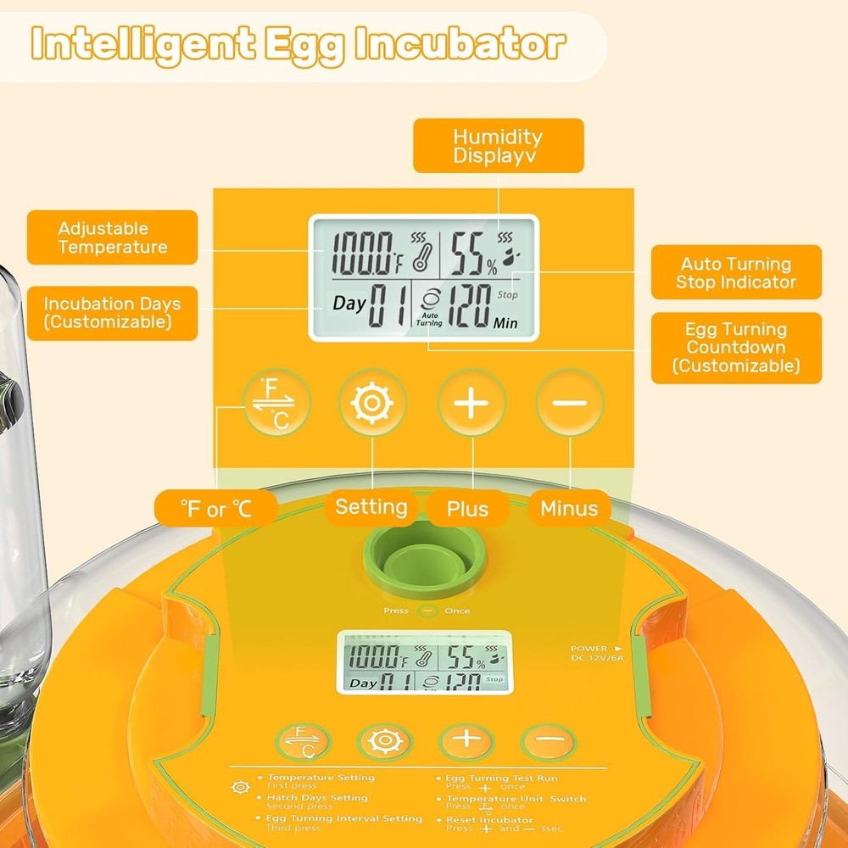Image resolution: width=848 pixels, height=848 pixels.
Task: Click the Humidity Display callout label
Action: tap(498, 146)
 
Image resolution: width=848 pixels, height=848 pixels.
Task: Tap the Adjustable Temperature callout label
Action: tap(113, 238)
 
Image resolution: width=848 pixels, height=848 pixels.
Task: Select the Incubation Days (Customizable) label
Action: tap(112, 313)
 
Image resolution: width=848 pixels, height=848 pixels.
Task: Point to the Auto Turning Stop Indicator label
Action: tap(736, 273)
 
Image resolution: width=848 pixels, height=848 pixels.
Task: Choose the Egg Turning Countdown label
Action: tap(736, 348)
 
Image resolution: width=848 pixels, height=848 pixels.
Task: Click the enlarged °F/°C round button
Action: tap(276, 402)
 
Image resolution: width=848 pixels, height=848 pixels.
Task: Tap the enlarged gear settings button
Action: tap(372, 402)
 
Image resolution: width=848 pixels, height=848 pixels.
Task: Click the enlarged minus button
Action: tap(570, 402)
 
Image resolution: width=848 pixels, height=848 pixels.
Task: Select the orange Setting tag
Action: tap(371, 508)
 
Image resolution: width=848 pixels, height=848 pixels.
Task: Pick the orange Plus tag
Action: tap(468, 509)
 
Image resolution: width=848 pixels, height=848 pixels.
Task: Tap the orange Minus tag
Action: tap(569, 509)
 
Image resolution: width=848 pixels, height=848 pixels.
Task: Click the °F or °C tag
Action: tap(216, 509)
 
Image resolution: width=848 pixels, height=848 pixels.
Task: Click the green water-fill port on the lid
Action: tap(424, 561)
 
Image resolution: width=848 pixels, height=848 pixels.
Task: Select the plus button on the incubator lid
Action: tap(466, 741)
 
